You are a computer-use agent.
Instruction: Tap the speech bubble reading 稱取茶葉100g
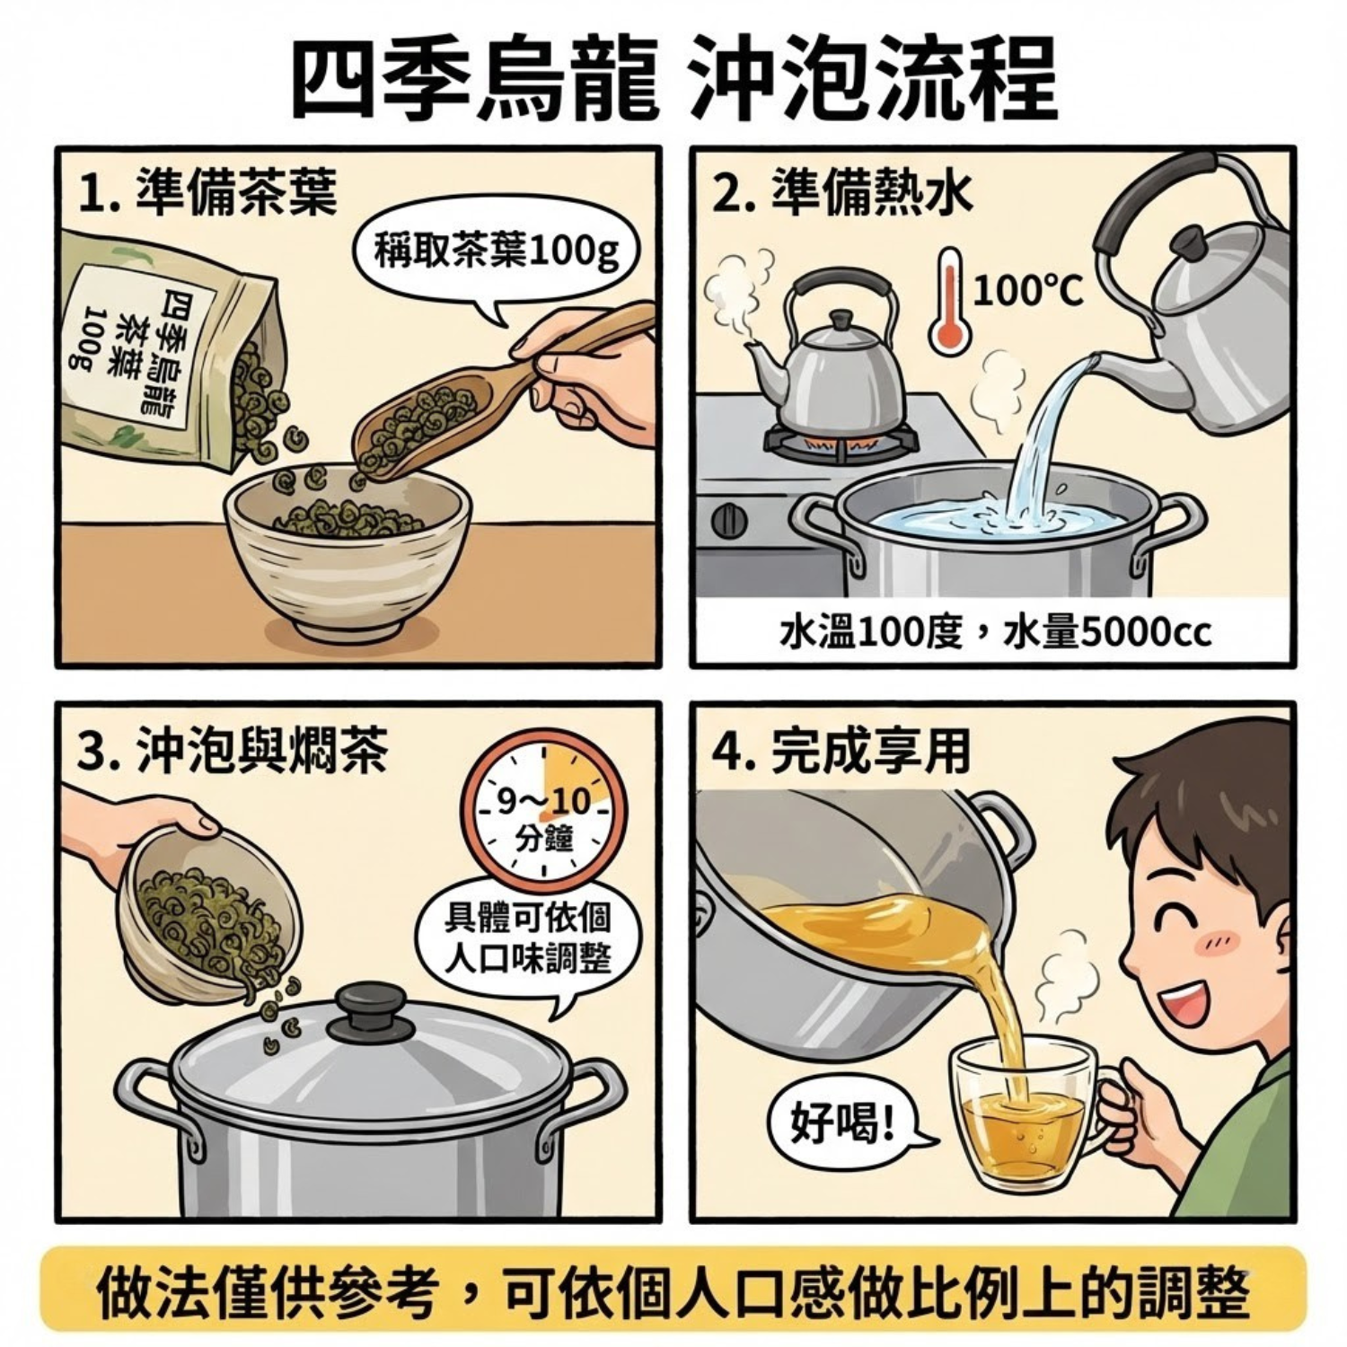tap(496, 254)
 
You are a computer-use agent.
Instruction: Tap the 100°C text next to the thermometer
tap(1028, 290)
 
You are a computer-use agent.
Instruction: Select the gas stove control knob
tap(728, 520)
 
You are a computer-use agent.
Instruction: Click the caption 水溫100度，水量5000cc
tap(995, 632)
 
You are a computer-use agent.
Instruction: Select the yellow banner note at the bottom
tap(673, 1291)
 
